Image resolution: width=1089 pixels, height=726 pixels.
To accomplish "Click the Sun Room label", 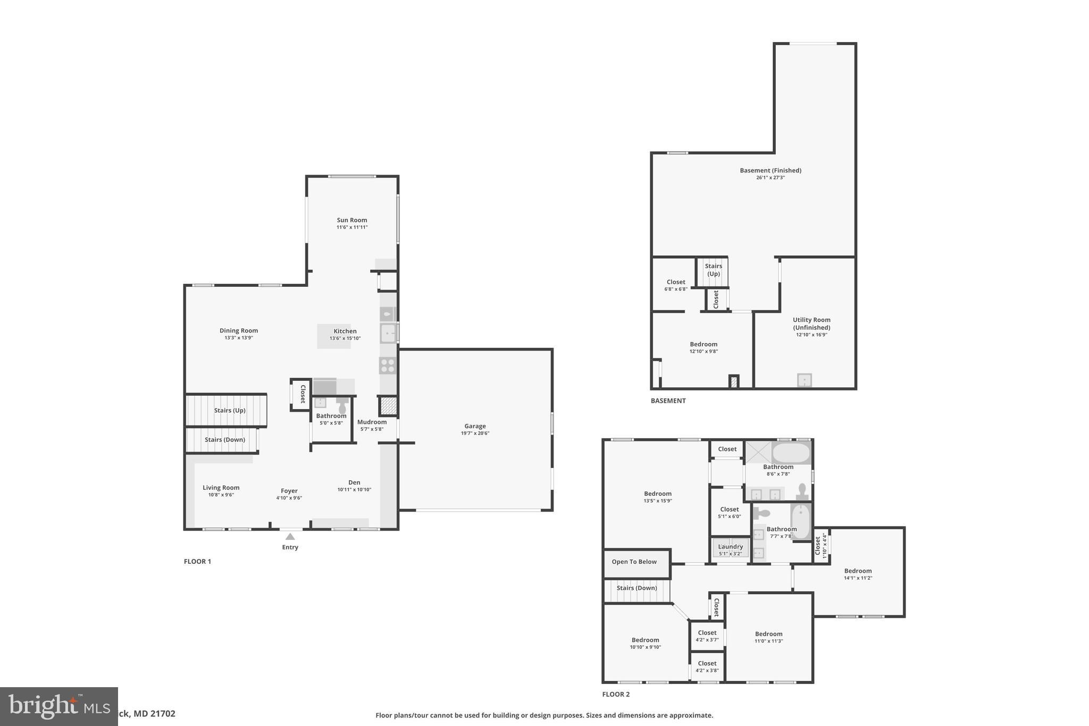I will [x=351, y=220].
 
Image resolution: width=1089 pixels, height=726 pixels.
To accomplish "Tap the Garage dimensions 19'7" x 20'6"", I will [x=475, y=433].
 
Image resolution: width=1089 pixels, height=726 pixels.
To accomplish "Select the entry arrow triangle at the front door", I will [x=290, y=537].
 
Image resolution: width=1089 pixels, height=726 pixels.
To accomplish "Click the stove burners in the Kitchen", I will [x=388, y=365].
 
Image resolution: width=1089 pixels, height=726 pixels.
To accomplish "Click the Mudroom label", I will [x=372, y=422].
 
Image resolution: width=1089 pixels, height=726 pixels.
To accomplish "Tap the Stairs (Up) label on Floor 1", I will [x=230, y=411].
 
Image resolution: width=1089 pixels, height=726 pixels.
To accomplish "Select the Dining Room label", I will [x=239, y=331].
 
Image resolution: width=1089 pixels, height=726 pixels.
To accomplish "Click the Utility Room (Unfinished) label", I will [x=811, y=323].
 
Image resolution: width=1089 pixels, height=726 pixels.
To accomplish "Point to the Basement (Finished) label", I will [x=770, y=171].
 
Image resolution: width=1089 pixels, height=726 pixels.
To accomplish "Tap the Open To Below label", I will [x=634, y=562].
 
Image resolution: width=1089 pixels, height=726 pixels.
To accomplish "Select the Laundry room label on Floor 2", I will [x=730, y=547].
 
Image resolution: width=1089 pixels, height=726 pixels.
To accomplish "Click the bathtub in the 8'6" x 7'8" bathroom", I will [x=791, y=453].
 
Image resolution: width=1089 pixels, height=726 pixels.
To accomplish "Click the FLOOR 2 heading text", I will [x=616, y=694].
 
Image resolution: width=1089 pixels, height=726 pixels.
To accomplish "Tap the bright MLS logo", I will [x=58, y=706].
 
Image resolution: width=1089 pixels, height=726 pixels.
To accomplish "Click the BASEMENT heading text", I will [x=668, y=401].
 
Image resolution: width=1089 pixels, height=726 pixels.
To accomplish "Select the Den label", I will [x=354, y=483].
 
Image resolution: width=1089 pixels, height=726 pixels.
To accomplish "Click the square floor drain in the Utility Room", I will [x=804, y=380].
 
